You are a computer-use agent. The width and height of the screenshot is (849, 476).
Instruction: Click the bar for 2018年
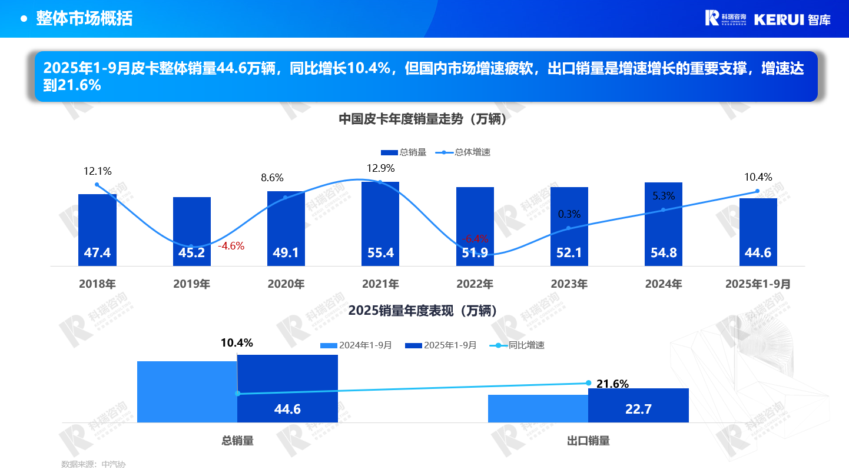(97, 229)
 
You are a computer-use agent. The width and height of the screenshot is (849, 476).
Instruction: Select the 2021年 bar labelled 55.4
(380, 224)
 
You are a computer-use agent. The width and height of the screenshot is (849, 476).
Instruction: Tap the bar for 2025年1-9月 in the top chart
(758, 232)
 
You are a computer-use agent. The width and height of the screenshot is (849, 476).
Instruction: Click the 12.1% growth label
(97, 171)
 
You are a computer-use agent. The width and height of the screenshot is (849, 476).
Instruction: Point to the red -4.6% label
(231, 246)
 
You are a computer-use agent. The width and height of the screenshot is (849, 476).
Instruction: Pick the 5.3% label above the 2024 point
(664, 195)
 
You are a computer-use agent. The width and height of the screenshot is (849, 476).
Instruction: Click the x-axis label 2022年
(475, 284)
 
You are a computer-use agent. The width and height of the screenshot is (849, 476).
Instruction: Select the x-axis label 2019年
(191, 284)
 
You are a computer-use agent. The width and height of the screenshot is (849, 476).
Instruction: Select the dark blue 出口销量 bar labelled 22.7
(638, 405)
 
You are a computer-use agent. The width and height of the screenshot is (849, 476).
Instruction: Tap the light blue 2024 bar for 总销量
(187, 391)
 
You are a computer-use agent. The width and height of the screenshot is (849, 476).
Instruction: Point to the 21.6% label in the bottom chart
(612, 384)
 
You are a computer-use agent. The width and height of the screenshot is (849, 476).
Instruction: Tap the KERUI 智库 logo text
(792, 19)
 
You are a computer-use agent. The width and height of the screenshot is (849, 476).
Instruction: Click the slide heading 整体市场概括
(84, 18)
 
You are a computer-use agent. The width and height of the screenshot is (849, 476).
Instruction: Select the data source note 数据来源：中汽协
(94, 464)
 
